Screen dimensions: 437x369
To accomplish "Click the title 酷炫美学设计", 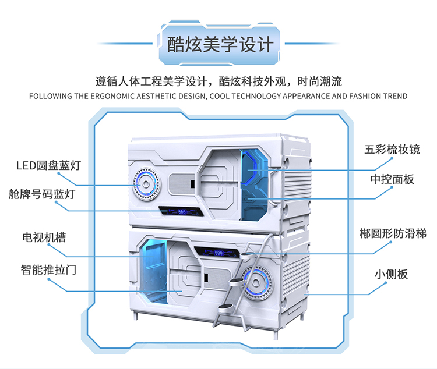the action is click(220, 45).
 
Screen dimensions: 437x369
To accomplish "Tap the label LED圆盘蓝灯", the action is click(49, 165).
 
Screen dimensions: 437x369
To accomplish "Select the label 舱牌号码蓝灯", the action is click(42, 194).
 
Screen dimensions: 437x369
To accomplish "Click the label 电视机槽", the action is click(44, 237).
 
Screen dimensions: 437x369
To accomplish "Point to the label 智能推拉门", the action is click(48, 269).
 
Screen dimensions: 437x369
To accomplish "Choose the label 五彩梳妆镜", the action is click(392, 150).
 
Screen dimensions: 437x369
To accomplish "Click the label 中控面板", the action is click(392, 179).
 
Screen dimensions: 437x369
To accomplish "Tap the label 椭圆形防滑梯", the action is click(393, 233).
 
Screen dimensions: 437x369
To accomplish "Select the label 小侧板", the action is click(391, 274).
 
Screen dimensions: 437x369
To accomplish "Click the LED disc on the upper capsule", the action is click(146, 184).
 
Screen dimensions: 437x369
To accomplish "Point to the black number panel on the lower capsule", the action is click(217, 252).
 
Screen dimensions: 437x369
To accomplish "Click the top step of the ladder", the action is click(247, 254).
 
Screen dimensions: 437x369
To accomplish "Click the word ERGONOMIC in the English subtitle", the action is click(113, 96).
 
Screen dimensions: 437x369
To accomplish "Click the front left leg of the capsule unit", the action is click(136, 315).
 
